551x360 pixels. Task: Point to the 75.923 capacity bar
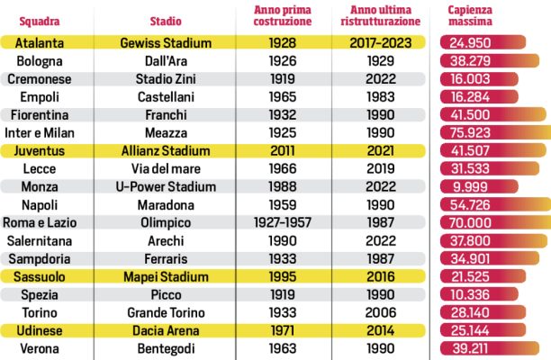pos(495,133)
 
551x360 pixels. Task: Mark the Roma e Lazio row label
pos(39,222)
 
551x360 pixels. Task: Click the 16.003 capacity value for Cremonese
pos(468,79)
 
